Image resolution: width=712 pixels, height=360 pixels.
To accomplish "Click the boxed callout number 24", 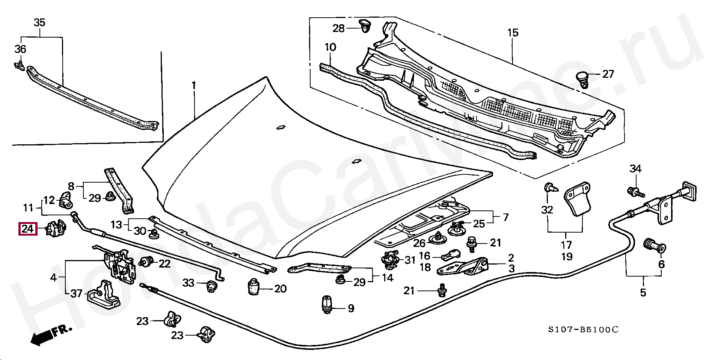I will [27, 228].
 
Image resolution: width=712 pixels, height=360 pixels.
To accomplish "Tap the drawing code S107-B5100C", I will [582, 330].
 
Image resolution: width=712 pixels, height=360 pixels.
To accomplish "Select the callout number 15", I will [513, 33].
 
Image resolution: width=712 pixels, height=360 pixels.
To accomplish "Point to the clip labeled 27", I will [582, 79].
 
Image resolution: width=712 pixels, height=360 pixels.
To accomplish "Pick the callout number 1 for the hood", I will [194, 86].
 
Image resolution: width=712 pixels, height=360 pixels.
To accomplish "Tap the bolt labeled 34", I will [635, 192].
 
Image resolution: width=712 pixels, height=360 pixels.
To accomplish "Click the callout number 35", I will [39, 23].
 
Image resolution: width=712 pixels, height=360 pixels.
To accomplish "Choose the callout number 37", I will [76, 293].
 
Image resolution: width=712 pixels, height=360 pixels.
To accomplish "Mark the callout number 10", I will [330, 48].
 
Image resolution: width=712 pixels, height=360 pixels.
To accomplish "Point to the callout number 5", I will [643, 292].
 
